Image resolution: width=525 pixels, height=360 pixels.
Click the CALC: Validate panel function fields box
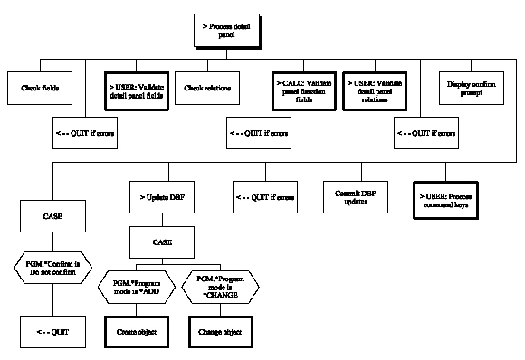(302, 89)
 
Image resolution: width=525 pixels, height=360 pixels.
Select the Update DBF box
(157, 196)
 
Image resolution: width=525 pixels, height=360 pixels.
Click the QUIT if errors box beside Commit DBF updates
(265, 196)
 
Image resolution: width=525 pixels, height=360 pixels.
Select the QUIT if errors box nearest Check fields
(85, 134)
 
